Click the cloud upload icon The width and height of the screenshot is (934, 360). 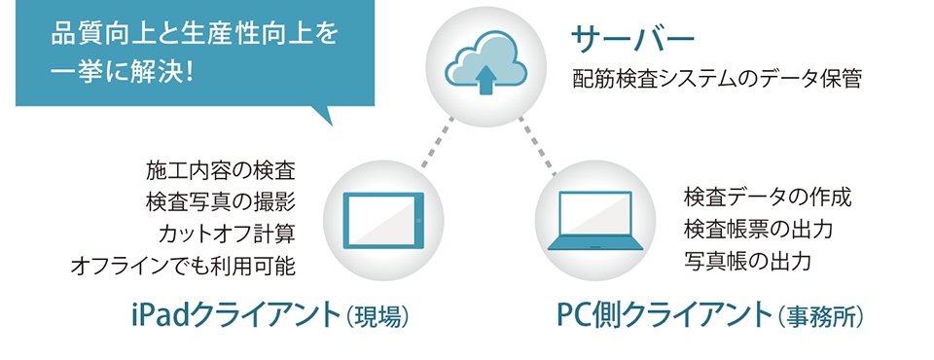click(x=485, y=66)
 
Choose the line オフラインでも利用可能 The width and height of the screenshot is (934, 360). click(x=183, y=265)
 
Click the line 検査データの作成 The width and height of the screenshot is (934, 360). click(x=768, y=198)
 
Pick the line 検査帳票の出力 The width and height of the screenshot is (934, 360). click(x=759, y=230)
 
